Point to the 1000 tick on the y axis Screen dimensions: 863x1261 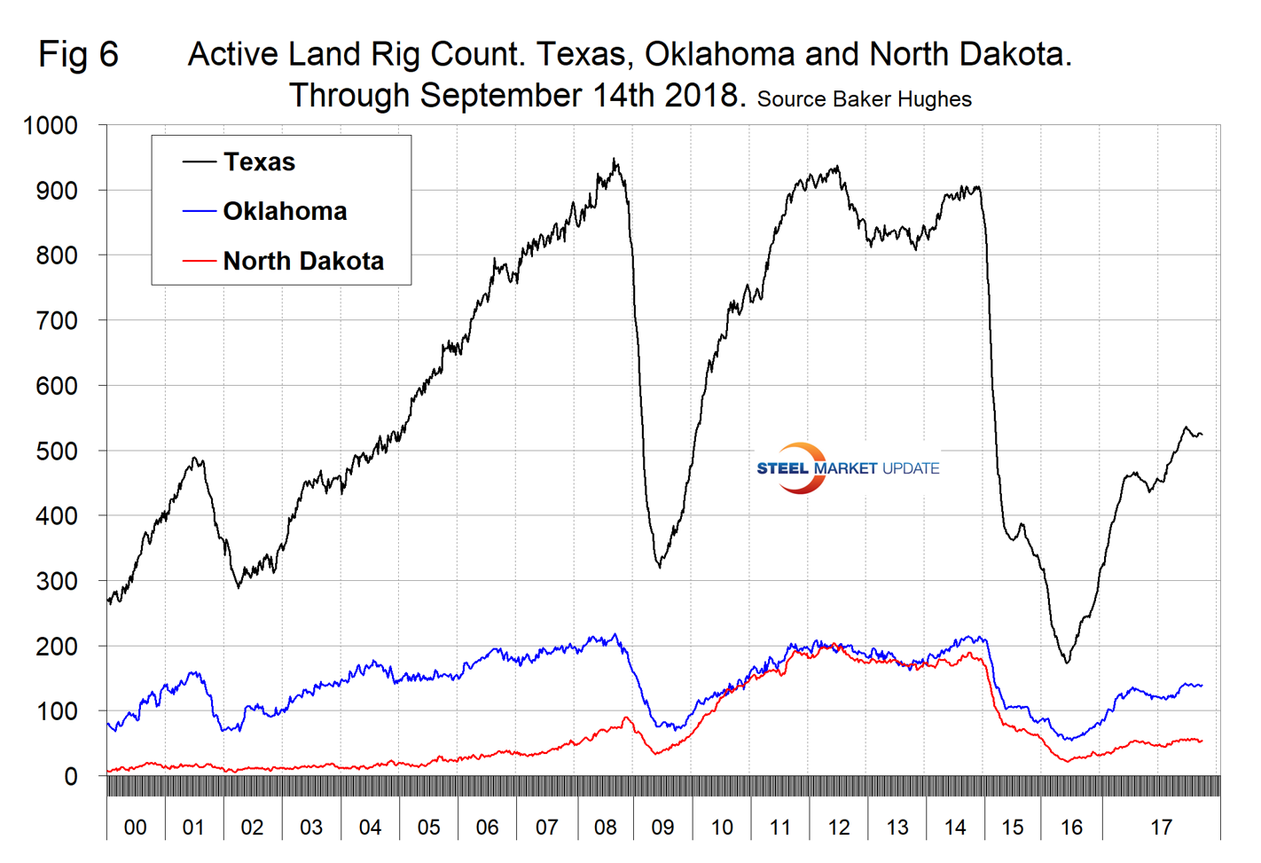click(x=51, y=126)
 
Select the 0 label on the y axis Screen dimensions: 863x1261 click(x=71, y=777)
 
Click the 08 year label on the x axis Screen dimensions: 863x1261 click(x=605, y=828)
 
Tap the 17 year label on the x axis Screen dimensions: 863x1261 click(x=1161, y=828)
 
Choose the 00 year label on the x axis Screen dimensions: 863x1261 click(x=135, y=828)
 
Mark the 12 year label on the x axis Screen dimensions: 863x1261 click(x=838, y=828)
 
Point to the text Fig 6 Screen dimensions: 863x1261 click(x=78, y=55)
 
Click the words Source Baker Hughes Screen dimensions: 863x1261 click(x=864, y=99)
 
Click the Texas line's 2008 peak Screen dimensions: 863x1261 click(x=615, y=161)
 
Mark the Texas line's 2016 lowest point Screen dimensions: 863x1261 click(x=1067, y=662)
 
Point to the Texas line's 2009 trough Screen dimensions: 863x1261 click(x=659, y=566)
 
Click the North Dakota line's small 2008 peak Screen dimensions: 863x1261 click(x=626, y=718)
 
